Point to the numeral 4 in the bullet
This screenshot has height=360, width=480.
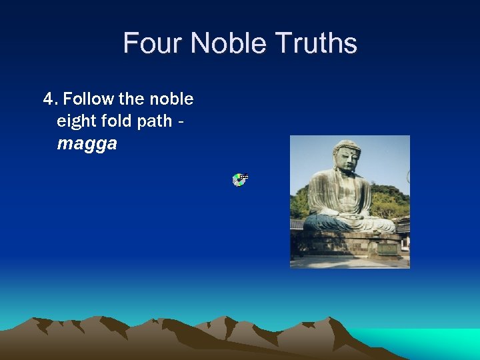pyautogui.click(x=48, y=99)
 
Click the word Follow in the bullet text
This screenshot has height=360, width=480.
pyautogui.click(x=89, y=99)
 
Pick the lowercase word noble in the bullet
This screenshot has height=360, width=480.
pyautogui.click(x=171, y=99)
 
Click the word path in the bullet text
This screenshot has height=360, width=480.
pyautogui.click(x=155, y=121)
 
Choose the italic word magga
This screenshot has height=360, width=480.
pyautogui.click(x=87, y=144)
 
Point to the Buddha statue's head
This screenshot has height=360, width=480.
pyautogui.click(x=346, y=157)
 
